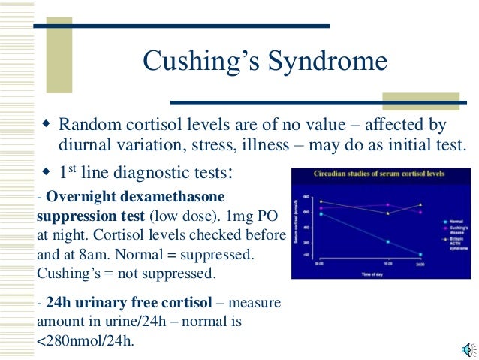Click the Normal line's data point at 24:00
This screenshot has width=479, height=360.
tap(420, 254)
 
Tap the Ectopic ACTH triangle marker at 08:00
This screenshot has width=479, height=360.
tap(321, 201)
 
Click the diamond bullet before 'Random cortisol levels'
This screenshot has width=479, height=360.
tap(46, 122)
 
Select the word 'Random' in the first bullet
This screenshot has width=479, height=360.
tap(88, 124)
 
